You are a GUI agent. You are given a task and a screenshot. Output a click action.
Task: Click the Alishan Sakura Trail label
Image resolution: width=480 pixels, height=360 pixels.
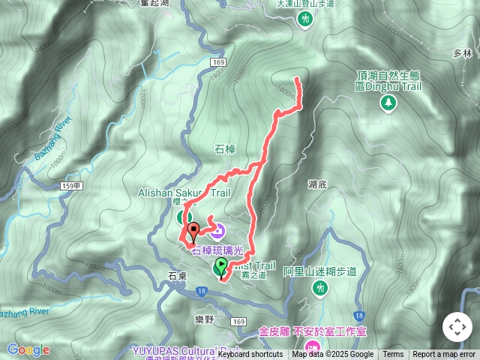[183, 193]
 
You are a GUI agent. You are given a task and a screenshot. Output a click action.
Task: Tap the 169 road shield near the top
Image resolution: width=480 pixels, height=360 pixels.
[218, 61]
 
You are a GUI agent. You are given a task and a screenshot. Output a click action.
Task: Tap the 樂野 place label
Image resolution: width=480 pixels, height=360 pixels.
[204, 319]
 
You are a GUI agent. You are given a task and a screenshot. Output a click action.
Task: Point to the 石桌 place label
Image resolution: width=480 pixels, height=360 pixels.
[178, 276]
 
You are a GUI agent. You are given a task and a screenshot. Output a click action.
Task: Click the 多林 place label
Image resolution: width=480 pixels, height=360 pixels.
[463, 53]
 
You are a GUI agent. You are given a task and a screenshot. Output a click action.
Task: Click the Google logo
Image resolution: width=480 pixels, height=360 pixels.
[28, 349]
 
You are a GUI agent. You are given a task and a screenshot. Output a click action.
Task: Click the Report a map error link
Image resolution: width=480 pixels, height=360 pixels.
[445, 355]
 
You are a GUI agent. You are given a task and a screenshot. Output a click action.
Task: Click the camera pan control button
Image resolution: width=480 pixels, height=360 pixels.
[457, 327]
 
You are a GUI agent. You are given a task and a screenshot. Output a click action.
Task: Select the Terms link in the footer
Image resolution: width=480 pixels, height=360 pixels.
[393, 355]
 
